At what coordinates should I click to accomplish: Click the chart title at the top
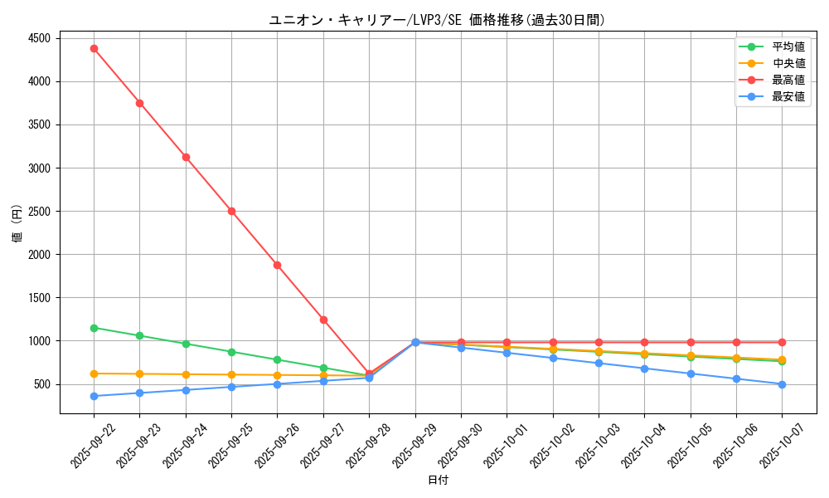pyautogui.click(x=437, y=20)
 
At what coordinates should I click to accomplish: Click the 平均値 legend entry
pyautogui.click(x=788, y=46)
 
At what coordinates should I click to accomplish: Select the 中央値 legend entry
pyautogui.click(x=788, y=63)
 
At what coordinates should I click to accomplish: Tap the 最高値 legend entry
pyautogui.click(x=788, y=80)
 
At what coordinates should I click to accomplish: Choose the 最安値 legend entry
pyautogui.click(x=788, y=96)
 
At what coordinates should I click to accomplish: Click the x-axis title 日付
pyautogui.click(x=437, y=481)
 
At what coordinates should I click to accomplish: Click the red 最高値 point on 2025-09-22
pyautogui.click(x=94, y=48)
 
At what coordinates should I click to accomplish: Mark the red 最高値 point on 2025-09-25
pyautogui.click(x=231, y=211)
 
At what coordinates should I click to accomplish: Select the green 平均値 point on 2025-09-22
pyautogui.click(x=94, y=328)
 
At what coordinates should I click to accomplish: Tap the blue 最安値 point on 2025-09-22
pyautogui.click(x=94, y=396)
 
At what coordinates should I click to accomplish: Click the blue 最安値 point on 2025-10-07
pyautogui.click(x=782, y=384)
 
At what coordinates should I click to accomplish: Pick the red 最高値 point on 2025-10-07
pyautogui.click(x=782, y=342)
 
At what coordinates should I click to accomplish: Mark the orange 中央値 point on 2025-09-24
pyautogui.click(x=186, y=374)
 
